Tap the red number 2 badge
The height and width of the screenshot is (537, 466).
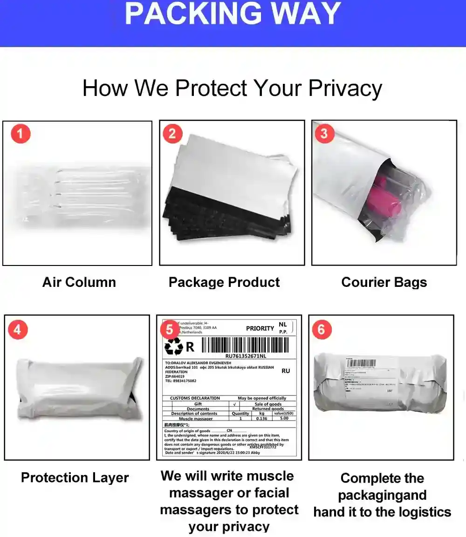point(172,134)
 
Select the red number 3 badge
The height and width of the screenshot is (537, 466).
point(324,134)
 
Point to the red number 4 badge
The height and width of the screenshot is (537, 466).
point(18,330)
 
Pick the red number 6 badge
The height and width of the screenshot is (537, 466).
point(322,330)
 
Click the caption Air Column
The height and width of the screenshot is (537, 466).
point(79,282)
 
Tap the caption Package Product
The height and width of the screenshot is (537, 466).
point(224,282)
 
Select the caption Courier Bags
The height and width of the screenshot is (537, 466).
point(384,282)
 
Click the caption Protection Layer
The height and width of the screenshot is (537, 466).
point(75,478)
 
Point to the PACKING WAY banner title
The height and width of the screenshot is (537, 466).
point(233,14)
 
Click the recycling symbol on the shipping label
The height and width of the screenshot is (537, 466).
point(174,347)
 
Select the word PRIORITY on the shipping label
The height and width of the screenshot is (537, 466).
point(260,328)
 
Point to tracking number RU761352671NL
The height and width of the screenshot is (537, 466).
point(246,356)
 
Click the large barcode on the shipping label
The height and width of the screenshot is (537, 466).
point(246,345)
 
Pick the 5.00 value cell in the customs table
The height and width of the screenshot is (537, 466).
point(284,418)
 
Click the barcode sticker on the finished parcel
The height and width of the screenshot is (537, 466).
point(362,363)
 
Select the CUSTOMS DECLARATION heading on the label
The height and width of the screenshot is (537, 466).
point(195,398)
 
